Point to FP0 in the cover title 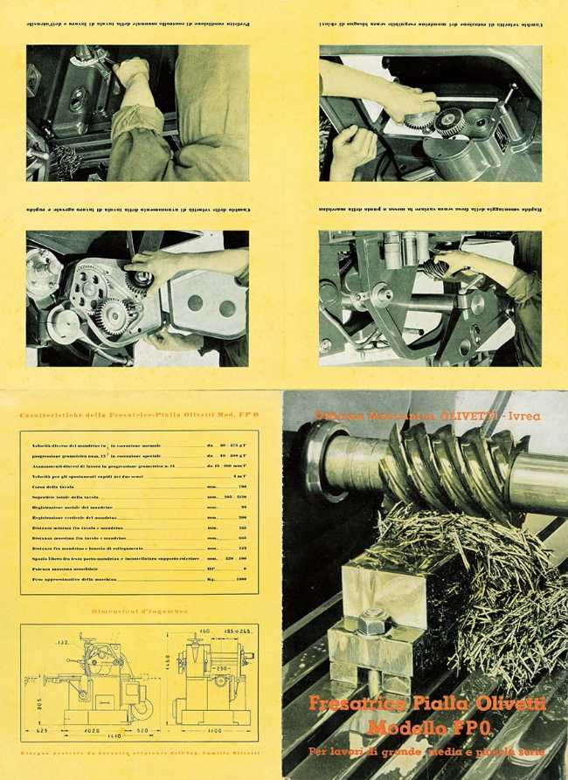(x=472, y=727)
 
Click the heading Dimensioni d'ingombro (x=140, y=611)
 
